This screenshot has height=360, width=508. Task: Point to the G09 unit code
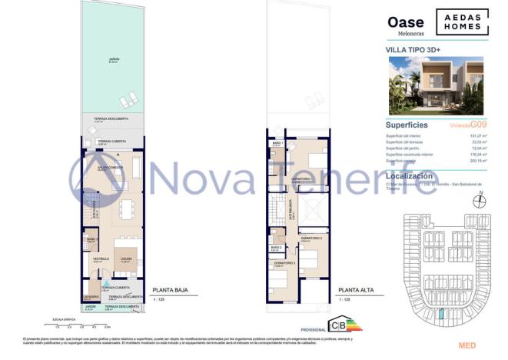coord(480,125)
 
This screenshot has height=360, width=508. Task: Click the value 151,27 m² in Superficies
coord(474,135)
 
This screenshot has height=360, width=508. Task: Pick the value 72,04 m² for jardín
coord(476,148)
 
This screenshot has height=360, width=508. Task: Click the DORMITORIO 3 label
coord(284,263)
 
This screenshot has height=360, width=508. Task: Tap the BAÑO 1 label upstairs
coord(277,143)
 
